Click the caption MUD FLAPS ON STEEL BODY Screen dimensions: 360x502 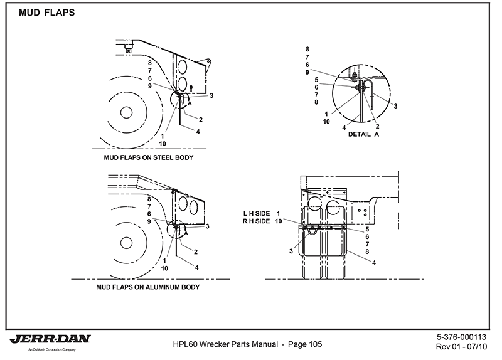click(143, 157)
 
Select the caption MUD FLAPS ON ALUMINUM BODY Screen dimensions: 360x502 click(148, 288)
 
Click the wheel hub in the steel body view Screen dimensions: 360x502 click(126, 112)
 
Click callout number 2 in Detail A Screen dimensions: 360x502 click(378, 126)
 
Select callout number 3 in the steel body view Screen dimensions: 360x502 click(212, 95)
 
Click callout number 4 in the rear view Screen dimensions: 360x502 click(374, 262)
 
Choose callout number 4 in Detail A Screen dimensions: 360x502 click(344, 127)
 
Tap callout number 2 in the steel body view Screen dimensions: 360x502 click(200, 119)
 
